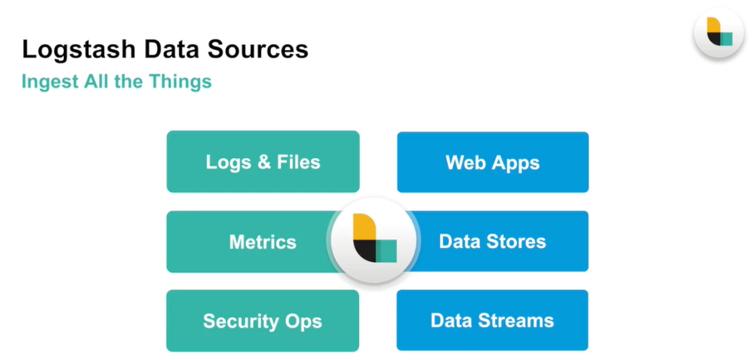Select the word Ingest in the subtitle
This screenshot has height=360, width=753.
(x=48, y=82)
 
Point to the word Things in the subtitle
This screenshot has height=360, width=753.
(x=183, y=82)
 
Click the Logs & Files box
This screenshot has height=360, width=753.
(x=263, y=161)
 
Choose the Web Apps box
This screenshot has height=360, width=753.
(x=492, y=161)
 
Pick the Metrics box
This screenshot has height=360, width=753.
(x=249, y=242)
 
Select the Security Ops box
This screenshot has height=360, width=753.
(x=263, y=321)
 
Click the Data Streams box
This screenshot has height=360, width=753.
(x=492, y=321)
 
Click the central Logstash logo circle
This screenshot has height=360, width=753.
(x=373, y=241)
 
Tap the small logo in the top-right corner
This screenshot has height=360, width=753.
(x=718, y=32)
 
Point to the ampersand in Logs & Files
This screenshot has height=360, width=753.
(x=263, y=161)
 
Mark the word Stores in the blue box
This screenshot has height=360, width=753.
(x=517, y=242)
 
